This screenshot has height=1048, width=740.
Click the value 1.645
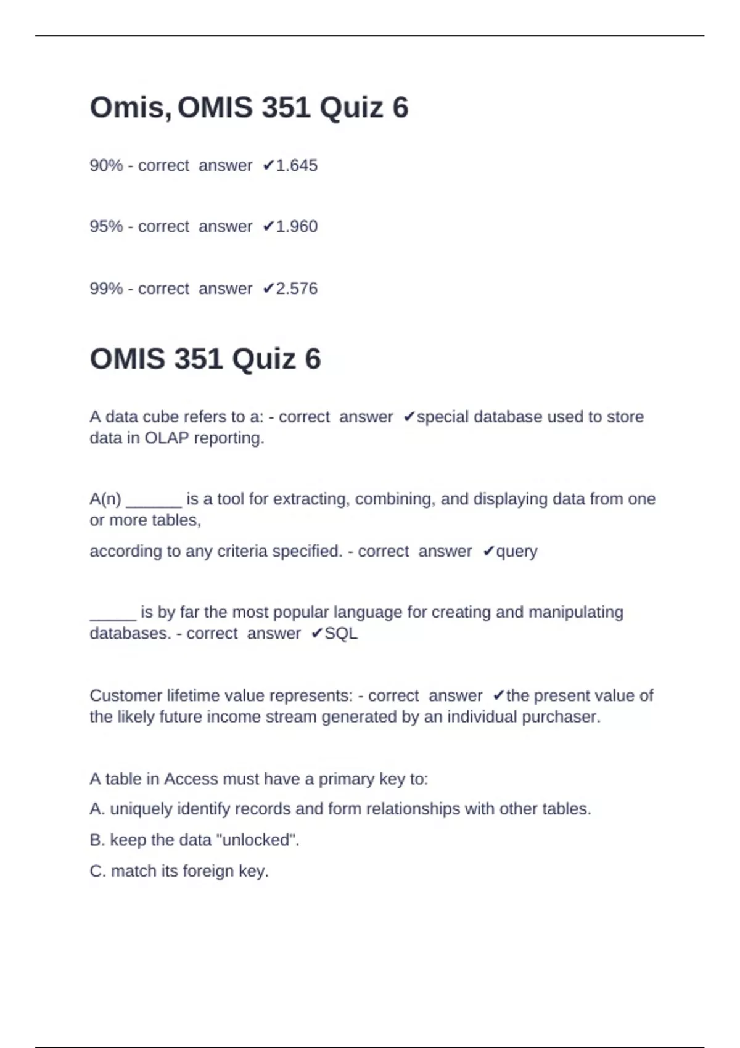pos(297,165)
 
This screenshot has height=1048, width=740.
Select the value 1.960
pos(297,226)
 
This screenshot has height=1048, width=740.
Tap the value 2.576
pos(297,289)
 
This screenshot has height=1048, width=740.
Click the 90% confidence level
pos(106,165)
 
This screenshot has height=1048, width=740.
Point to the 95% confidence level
pos(106,226)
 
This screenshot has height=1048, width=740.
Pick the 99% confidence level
pos(106,289)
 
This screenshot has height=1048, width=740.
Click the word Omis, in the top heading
pos(130,107)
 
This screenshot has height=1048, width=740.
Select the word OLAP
pos(166,438)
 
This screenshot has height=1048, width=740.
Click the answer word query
pos(517,551)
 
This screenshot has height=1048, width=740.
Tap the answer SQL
pos(341,633)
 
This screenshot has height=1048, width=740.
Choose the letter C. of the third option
pos(97,871)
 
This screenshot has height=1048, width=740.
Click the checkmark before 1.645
pos(268,165)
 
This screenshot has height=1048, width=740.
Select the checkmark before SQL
pos(317,633)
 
